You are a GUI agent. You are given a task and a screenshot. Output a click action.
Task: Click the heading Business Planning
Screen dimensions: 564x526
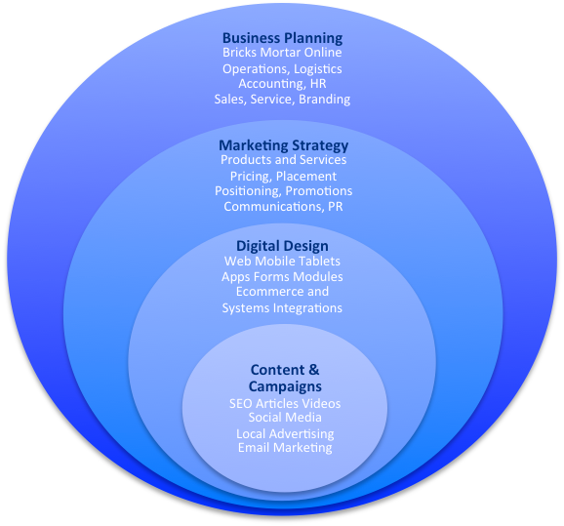click(x=282, y=38)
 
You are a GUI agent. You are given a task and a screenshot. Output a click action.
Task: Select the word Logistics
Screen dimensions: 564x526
click(x=317, y=69)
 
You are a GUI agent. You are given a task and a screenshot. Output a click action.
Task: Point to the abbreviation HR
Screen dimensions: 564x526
click(x=318, y=84)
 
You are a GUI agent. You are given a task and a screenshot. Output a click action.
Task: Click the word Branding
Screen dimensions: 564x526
click(x=324, y=99)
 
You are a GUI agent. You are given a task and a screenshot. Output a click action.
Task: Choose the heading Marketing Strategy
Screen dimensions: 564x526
click(x=283, y=146)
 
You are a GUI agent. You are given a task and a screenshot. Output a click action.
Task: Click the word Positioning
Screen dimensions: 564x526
click(x=247, y=190)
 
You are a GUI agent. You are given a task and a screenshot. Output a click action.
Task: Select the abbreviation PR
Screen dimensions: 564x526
click(x=336, y=207)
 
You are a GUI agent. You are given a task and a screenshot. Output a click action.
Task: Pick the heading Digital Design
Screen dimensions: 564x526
click(x=282, y=247)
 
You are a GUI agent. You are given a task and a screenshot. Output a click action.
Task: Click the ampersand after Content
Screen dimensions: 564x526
click(x=313, y=370)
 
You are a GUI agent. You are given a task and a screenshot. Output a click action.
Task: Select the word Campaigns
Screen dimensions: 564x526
click(x=285, y=386)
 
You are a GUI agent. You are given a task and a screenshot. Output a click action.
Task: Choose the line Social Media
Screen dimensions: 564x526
click(x=285, y=418)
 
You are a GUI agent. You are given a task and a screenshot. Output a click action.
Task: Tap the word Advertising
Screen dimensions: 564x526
click(x=302, y=434)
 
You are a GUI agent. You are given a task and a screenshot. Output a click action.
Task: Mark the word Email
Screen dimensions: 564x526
click(x=251, y=448)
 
